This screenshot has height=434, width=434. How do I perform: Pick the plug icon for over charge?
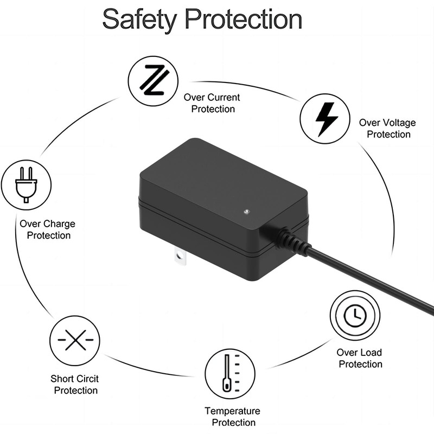click(26, 185)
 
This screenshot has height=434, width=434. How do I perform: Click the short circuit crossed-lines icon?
click(75, 341)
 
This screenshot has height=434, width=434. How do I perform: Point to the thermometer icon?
click(229, 374)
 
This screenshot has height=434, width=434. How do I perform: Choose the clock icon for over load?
click(355, 315)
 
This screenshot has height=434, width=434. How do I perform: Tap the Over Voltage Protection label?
click(387, 129)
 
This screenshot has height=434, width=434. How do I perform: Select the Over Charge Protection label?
click(48, 229)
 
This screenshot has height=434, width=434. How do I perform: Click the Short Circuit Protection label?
click(75, 385)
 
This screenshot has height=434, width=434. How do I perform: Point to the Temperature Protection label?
click(233, 417)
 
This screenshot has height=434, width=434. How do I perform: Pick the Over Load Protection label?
click(359, 358)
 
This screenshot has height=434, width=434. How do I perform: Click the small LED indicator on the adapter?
click(246, 210)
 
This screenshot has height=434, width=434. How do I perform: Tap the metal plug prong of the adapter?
click(180, 257)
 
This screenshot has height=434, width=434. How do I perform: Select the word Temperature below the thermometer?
click(232, 411)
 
